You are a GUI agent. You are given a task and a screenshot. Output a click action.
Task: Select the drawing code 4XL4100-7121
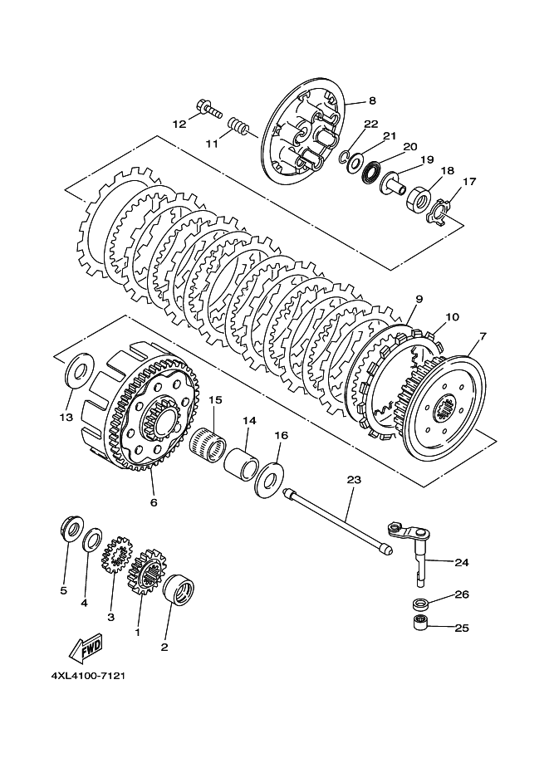coord(88,675)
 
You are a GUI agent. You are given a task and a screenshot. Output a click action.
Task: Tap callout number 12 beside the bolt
coord(179,125)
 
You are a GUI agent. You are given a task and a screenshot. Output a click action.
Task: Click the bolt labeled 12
coord(209,108)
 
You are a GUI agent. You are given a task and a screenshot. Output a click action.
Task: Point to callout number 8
coord(372,101)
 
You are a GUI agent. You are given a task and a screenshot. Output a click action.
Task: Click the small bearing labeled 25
coord(421,624)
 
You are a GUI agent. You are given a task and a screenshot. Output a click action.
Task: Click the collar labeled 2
coord(179,589)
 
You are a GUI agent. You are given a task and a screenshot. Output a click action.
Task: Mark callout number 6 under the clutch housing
coord(154,502)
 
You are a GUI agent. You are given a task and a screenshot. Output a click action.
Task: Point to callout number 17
coord(469,182)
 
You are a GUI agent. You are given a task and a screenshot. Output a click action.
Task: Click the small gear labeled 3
coord(116,555)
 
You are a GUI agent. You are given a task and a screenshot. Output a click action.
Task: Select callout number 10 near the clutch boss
coord(453,317)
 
